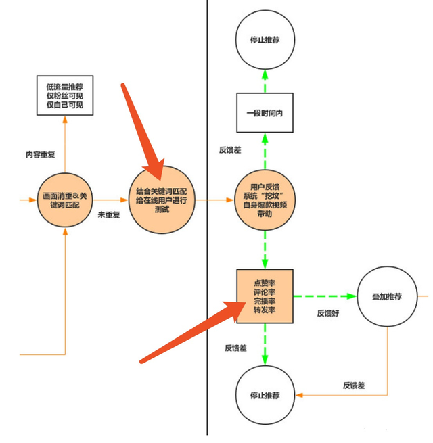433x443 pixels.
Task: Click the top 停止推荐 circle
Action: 265,39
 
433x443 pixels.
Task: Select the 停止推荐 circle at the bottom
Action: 265,394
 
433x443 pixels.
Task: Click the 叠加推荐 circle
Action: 388,297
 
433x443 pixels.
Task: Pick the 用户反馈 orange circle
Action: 265,199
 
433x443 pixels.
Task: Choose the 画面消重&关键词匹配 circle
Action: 65,200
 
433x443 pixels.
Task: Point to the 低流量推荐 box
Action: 65,95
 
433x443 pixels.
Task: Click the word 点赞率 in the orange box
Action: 265,282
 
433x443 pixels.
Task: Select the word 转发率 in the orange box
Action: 265,310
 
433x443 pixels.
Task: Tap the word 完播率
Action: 265,301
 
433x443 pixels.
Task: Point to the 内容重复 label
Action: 39,155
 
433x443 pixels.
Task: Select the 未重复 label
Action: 109,214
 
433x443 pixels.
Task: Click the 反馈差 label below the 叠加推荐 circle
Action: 353,386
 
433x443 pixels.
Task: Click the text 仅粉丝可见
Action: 65,96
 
